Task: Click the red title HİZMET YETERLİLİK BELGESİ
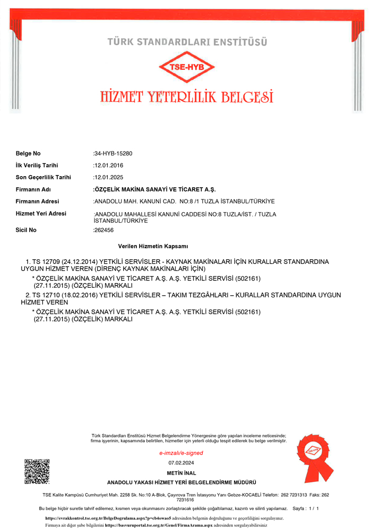pos(187,97)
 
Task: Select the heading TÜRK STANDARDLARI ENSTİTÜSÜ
pos(187,41)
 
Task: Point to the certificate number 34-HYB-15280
pos(113,153)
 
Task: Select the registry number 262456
pos(104,230)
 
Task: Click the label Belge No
pos(28,153)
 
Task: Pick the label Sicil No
pos(26,230)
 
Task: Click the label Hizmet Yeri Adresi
pos(41,213)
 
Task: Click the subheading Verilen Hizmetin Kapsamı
pos(153,247)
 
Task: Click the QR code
pos(37,471)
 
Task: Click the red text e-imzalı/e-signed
pos(181,453)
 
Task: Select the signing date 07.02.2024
pos(181,463)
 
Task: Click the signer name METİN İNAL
pos(181,472)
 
